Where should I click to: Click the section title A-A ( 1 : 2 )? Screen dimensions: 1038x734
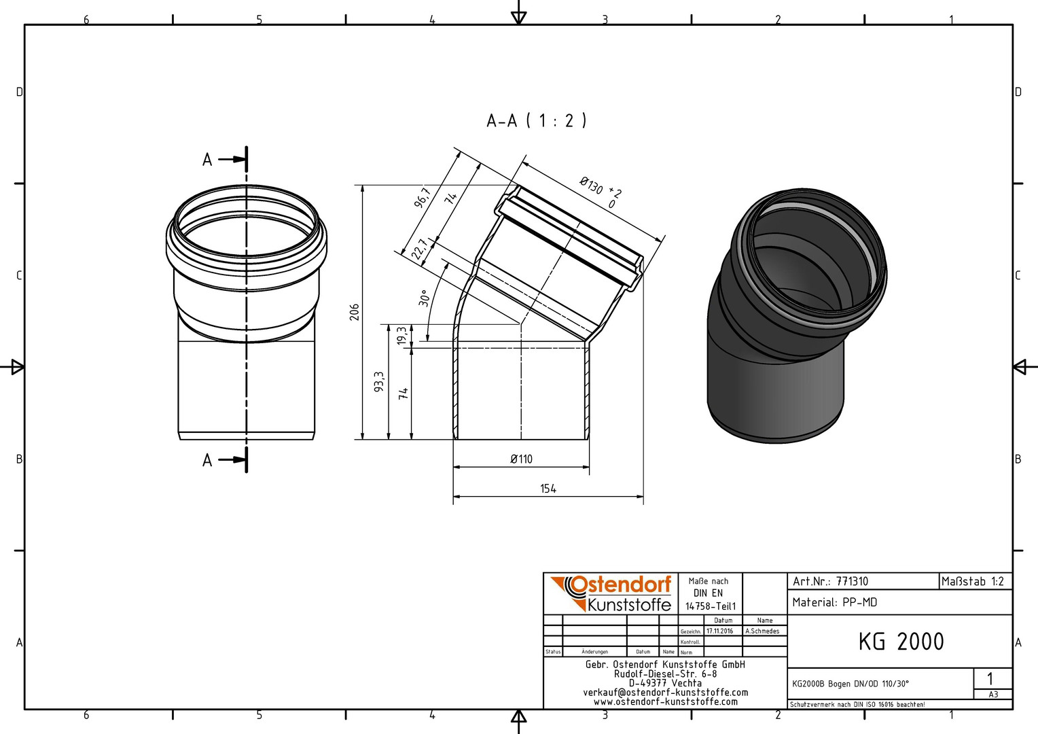(537, 121)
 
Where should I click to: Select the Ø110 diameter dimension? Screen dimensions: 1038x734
(521, 459)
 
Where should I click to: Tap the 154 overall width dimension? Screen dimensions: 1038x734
(548, 489)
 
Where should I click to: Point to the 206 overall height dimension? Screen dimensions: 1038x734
(355, 312)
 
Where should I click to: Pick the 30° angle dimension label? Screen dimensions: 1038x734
(424, 298)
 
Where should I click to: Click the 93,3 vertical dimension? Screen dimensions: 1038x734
(379, 381)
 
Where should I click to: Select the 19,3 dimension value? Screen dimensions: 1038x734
(401, 335)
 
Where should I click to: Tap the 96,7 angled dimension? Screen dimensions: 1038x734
(423, 197)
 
